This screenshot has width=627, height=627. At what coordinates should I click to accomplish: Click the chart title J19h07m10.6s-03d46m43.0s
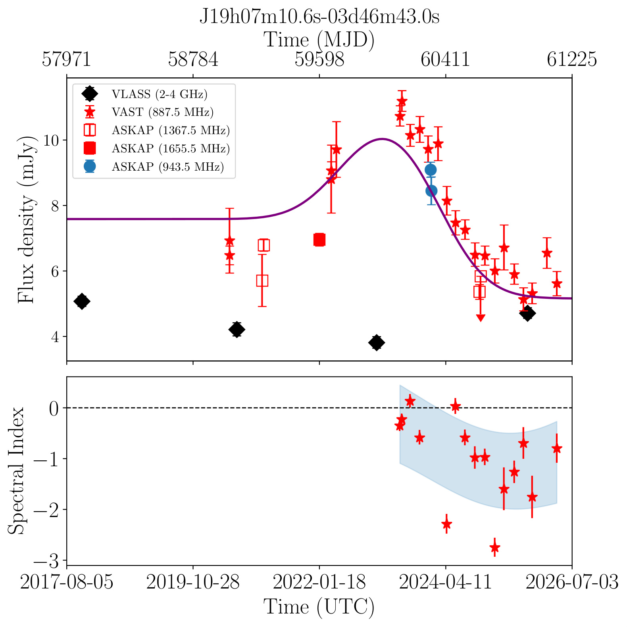319,17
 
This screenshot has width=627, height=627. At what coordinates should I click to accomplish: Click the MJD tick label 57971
67,60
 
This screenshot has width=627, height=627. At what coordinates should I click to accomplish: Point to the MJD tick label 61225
572,60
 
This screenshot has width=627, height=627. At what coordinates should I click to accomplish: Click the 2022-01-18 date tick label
319,582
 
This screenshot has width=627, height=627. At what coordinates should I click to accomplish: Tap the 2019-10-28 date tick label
193,582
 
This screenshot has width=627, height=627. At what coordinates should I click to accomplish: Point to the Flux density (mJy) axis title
27,220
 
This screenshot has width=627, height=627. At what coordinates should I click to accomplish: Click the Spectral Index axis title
17,471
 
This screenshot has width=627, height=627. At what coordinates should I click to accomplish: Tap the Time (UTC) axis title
319,607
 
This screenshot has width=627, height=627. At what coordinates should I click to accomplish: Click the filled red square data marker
319,240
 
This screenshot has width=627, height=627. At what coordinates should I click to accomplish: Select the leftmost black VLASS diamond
82,301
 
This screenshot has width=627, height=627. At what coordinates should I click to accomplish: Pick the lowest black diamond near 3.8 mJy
377,342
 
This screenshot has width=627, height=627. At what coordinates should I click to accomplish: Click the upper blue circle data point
431,170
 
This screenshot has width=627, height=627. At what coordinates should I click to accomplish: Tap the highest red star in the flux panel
402,100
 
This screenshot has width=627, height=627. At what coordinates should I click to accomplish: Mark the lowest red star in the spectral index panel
494,547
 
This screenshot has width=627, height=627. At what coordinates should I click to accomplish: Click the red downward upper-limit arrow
481,317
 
